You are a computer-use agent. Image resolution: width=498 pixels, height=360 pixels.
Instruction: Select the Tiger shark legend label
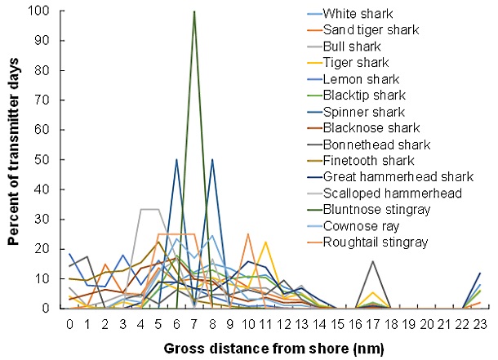[356, 63]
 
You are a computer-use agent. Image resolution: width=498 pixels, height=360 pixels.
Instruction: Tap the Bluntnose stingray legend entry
[375, 210]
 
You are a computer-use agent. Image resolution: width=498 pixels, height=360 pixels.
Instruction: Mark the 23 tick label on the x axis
[479, 322]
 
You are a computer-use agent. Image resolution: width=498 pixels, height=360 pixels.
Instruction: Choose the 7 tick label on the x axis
[194, 322]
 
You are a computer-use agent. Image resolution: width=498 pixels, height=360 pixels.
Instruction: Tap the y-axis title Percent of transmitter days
[14, 159]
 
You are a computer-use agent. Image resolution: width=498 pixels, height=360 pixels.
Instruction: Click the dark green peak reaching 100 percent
[194, 11]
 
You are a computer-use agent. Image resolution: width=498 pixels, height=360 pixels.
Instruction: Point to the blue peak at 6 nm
[177, 160]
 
